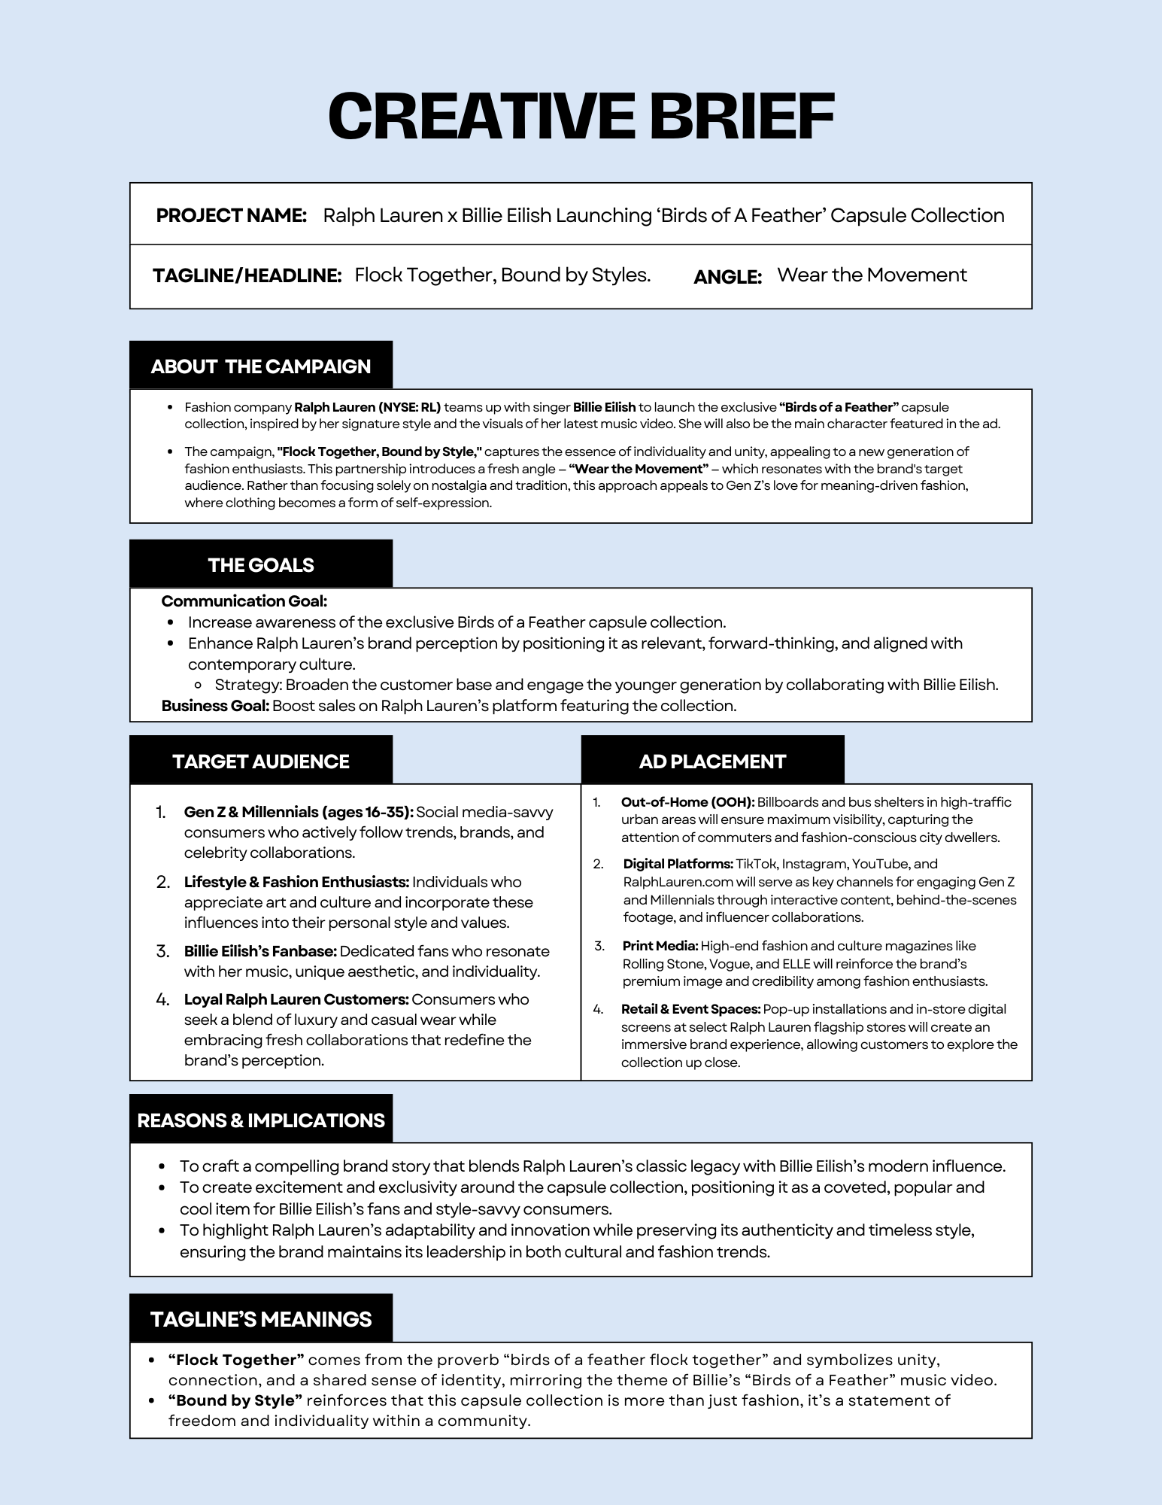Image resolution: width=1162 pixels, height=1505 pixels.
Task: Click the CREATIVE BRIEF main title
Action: [x=581, y=117]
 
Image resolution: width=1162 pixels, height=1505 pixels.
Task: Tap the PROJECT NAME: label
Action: [x=231, y=216]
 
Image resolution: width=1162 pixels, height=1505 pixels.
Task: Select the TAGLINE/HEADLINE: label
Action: [x=247, y=275]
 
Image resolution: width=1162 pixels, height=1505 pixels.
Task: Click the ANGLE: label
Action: [x=727, y=277]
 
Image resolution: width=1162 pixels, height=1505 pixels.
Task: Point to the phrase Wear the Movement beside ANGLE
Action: [x=872, y=275]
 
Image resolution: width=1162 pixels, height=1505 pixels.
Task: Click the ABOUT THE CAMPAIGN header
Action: [x=260, y=366]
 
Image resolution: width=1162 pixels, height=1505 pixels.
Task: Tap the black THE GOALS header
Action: [x=260, y=565]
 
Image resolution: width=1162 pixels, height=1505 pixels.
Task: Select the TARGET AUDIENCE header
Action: [x=260, y=762]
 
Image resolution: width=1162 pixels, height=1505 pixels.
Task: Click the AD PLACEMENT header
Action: [x=711, y=762]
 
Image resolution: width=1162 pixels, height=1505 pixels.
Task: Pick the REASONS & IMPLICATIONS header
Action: [x=260, y=1120]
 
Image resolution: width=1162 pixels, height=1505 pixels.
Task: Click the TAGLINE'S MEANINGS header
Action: [x=260, y=1319]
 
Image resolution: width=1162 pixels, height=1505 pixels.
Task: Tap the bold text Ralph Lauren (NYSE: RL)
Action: [x=367, y=407]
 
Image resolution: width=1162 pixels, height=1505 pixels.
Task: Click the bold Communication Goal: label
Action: [x=244, y=601]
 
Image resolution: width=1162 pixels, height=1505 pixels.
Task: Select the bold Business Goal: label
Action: [x=215, y=706]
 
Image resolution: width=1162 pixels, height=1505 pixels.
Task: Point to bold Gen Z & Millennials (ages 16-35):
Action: [x=299, y=813]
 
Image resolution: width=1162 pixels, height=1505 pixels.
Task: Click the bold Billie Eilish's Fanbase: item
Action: [x=260, y=952]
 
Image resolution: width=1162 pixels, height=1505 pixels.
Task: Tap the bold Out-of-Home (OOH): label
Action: [x=687, y=802]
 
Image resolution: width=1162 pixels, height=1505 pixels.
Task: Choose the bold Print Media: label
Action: [x=660, y=946]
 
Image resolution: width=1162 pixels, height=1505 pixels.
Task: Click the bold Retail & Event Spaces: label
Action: [x=690, y=1009]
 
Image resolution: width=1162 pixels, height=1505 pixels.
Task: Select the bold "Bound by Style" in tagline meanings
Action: [x=235, y=1400]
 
